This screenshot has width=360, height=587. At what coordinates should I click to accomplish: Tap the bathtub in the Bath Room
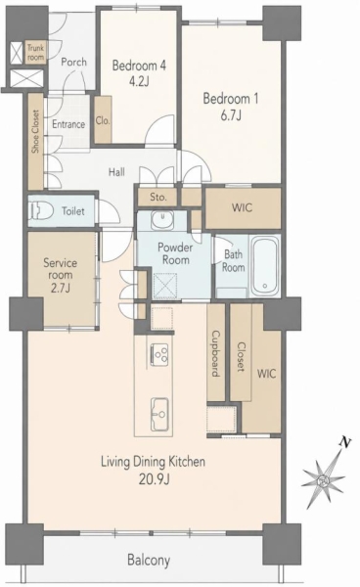coord(264,266)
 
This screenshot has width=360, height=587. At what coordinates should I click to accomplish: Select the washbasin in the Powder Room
coord(162,219)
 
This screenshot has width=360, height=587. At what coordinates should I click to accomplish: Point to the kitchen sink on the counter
coord(159,415)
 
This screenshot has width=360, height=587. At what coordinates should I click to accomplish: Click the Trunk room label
coord(35,53)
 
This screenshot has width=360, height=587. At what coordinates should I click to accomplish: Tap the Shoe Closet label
coord(35,131)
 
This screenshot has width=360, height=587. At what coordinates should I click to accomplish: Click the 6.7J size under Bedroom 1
coord(231,115)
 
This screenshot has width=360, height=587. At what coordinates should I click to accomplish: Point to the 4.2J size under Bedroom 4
coord(139,81)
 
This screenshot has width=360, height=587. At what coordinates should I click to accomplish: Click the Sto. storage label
coord(158,197)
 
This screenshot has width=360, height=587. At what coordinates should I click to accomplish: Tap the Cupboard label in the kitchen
coord(216,353)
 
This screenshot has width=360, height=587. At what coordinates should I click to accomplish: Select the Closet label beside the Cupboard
coord(241,357)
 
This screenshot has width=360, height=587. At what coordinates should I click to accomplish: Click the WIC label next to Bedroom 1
coord(243,207)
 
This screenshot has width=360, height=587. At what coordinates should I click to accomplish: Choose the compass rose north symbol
coord(324,479)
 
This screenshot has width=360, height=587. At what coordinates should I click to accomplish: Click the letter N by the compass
coord(345,443)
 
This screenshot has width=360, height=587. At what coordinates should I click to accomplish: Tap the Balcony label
coord(149,561)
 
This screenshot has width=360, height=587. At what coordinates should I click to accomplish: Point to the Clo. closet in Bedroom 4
coord(103,120)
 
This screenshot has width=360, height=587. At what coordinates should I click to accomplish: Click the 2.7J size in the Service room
coord(61,288)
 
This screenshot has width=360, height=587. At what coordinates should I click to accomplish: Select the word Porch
coord(73,62)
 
